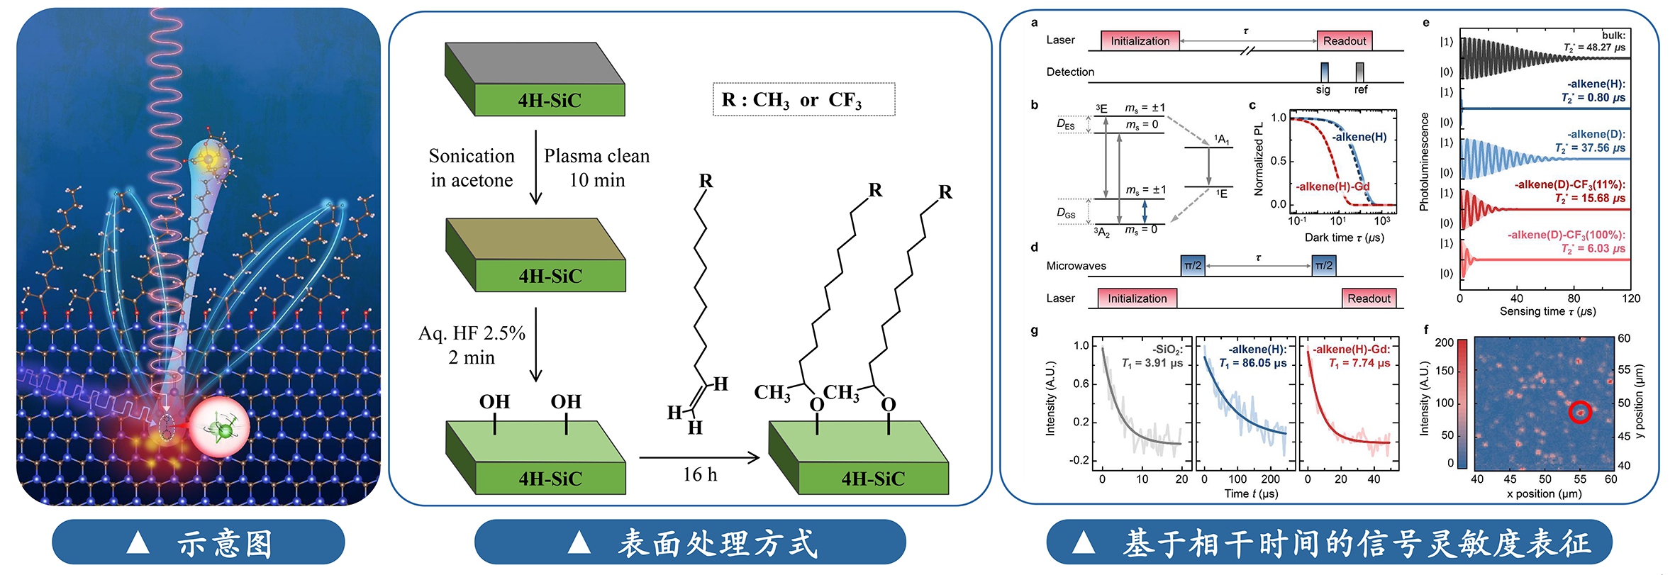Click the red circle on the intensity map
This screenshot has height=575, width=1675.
click(x=1579, y=412)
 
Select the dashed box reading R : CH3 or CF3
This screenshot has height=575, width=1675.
click(x=803, y=100)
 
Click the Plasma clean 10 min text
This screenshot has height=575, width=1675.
click(x=596, y=168)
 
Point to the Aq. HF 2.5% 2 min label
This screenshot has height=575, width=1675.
click(x=472, y=345)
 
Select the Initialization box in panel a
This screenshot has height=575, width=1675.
click(x=1140, y=41)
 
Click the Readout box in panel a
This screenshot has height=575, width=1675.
click(x=1344, y=41)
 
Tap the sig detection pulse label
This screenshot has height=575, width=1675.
click(x=1323, y=90)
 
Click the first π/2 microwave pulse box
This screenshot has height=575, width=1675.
click(x=1193, y=266)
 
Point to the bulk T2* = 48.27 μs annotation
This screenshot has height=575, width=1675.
click(x=1595, y=42)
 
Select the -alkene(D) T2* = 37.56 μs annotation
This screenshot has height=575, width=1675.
click(x=1591, y=141)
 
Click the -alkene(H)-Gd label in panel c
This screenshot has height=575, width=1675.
click(x=1332, y=186)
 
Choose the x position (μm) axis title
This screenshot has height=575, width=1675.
click(x=1544, y=493)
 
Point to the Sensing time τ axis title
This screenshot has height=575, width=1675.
click(x=1547, y=311)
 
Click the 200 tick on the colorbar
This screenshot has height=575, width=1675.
click(x=1445, y=342)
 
